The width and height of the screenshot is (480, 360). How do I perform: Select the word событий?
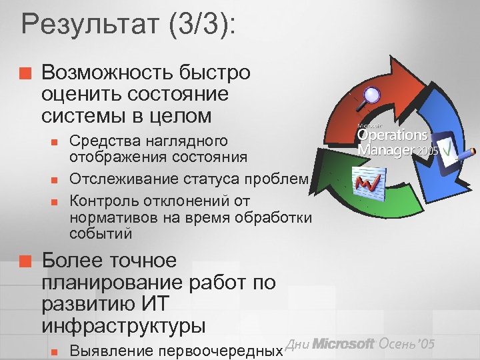tap(101, 233)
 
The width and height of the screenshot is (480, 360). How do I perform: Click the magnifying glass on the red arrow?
tap(367, 94)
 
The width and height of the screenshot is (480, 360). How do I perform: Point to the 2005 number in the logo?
tap(429, 151)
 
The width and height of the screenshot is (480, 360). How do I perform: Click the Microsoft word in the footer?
tap(344, 344)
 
